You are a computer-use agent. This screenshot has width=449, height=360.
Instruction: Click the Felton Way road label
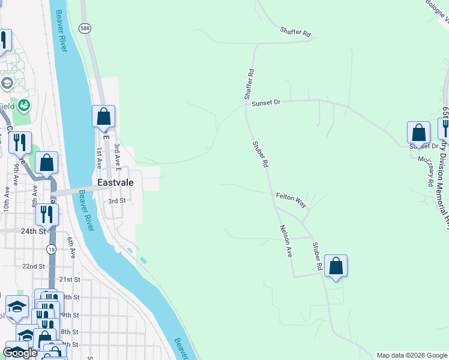tap(291, 200)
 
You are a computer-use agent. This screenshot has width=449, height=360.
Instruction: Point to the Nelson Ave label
tap(286, 241)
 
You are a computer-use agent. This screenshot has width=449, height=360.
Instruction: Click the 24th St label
tap(34, 230)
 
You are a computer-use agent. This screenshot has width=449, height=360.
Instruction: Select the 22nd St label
tap(34, 266)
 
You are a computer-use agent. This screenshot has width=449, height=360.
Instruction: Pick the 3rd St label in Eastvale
tap(116, 201)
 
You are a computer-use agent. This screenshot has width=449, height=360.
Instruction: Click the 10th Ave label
tap(7, 198)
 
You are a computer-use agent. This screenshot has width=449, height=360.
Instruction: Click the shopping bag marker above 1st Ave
tap(103, 116)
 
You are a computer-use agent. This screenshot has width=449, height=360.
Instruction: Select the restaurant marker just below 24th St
tap(46, 214)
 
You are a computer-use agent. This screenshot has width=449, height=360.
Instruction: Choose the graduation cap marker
tap(17, 307)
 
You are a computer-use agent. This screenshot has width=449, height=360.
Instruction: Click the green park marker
tap(24, 106)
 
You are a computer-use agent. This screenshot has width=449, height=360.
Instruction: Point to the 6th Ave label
tap(72, 247)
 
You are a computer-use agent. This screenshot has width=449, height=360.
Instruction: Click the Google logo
tap(20, 353)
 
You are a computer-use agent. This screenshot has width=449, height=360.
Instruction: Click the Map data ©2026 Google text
tap(412, 355)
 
